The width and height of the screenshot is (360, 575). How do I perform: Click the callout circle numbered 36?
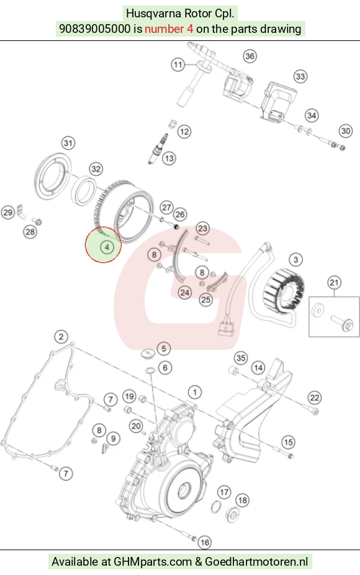(x=250, y=56)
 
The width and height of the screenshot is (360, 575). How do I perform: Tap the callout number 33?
(x=300, y=77)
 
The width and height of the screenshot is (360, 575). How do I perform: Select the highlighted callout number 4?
(x=107, y=247)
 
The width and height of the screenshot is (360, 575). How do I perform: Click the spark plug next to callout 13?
(x=158, y=148)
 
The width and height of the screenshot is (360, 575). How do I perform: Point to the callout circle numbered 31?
(x=68, y=143)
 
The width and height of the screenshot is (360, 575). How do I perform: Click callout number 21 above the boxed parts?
(x=334, y=283)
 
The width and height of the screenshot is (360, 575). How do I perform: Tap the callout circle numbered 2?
(x=61, y=337)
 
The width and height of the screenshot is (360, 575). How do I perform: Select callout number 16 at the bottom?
(x=204, y=542)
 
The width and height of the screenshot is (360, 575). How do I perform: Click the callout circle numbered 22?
(x=315, y=398)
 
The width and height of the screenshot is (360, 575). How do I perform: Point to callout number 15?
(x=289, y=442)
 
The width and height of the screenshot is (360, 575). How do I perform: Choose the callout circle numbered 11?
(x=178, y=65)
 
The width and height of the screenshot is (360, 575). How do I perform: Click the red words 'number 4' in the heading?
(x=169, y=29)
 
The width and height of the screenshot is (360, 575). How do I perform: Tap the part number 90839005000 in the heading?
(x=94, y=29)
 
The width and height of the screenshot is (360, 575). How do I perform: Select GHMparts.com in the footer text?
(x=153, y=562)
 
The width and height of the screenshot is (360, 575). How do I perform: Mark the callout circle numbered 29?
(x=7, y=212)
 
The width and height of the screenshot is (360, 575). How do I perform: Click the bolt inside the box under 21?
(x=342, y=323)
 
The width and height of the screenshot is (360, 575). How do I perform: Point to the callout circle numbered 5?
(x=164, y=349)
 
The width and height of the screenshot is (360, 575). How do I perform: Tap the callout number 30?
(x=346, y=131)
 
